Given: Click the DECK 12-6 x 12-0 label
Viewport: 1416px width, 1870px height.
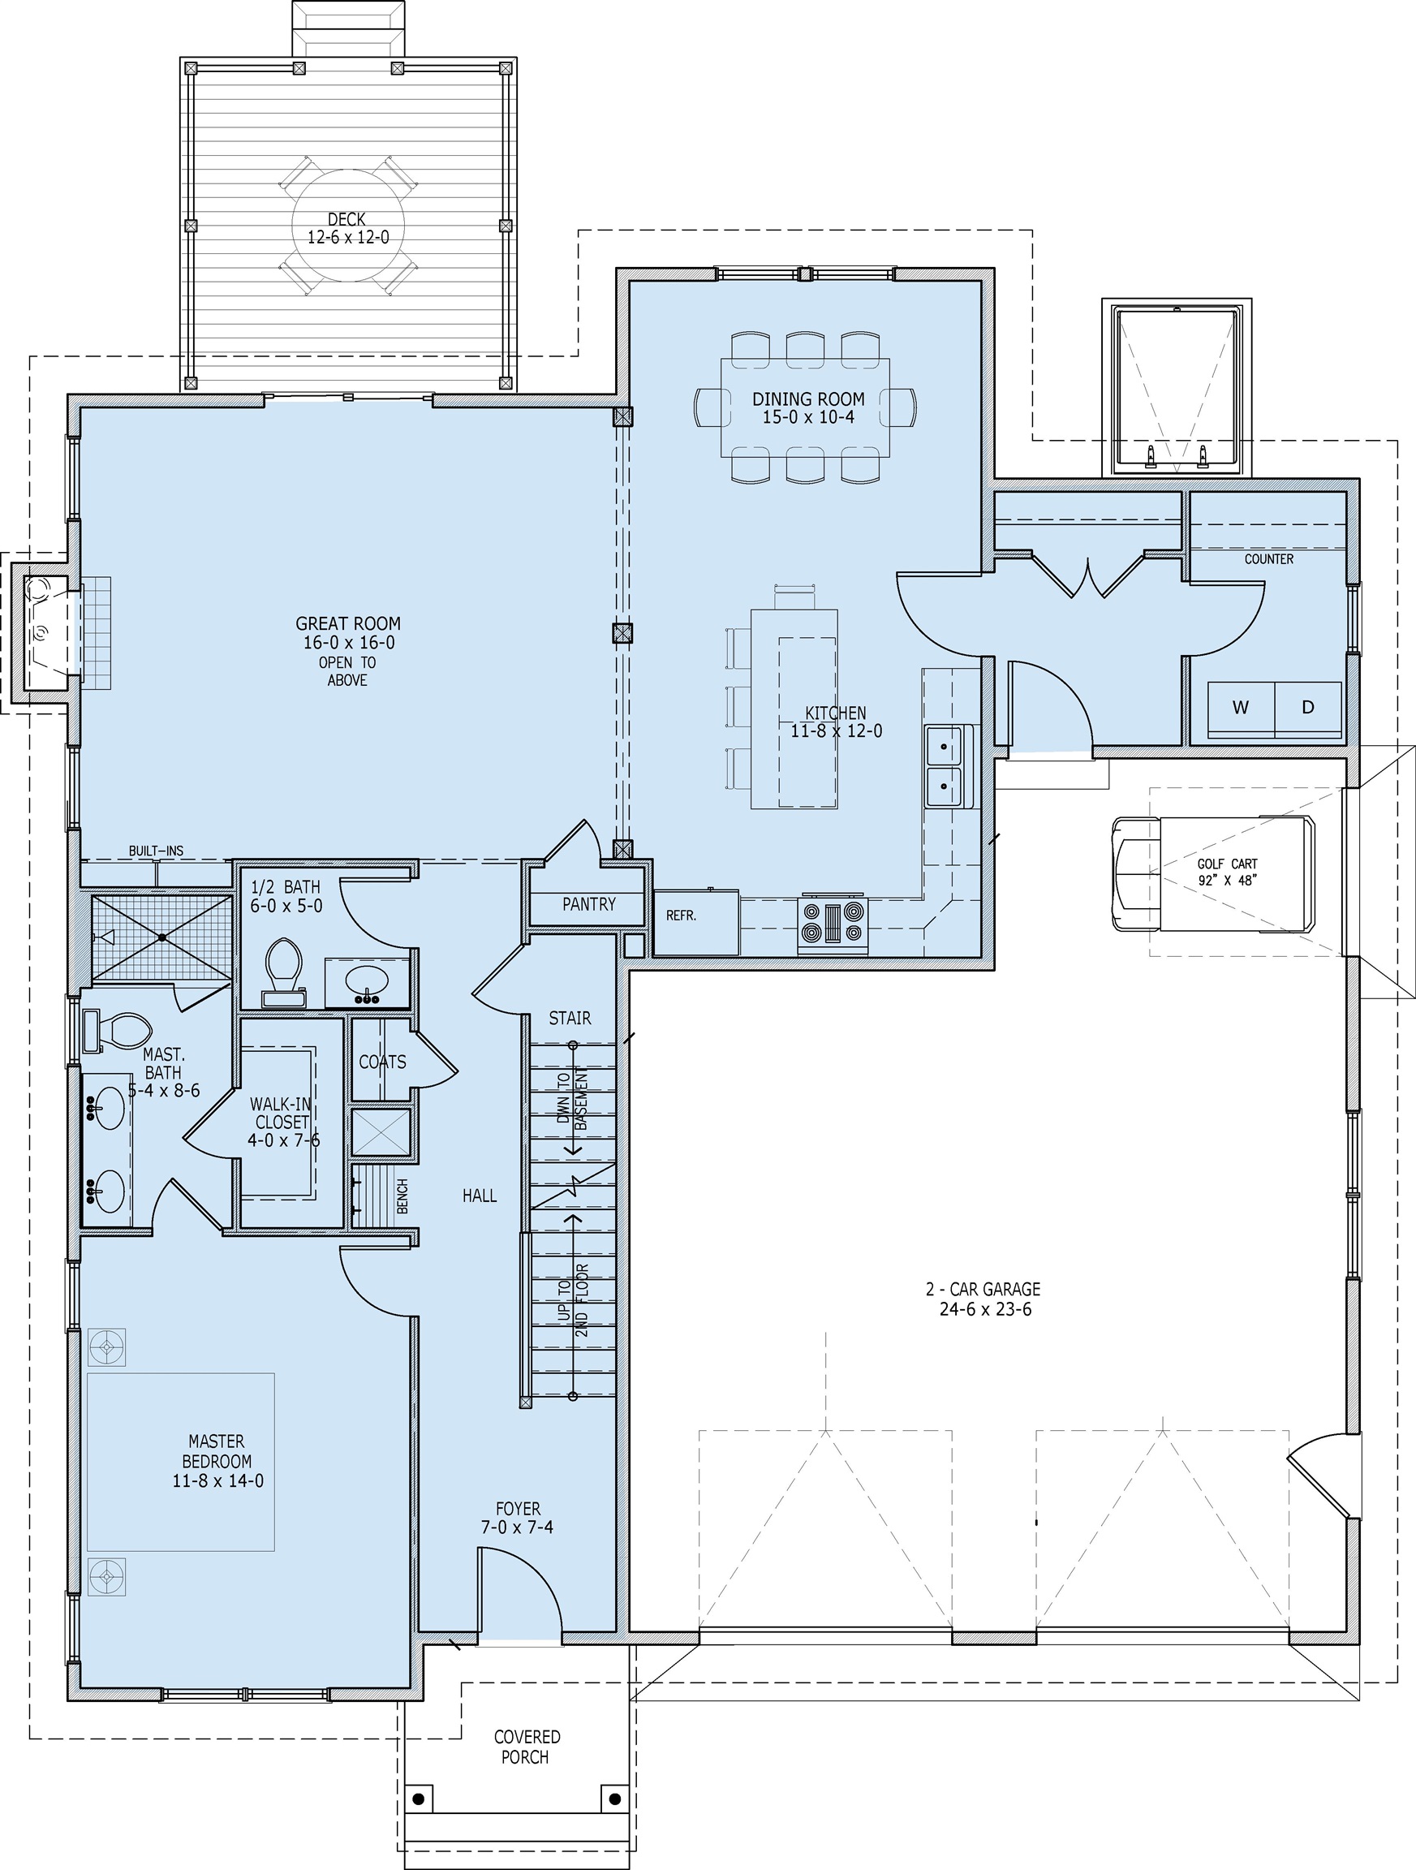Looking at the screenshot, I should [347, 228].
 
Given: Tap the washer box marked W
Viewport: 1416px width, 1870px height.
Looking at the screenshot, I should [1240, 708].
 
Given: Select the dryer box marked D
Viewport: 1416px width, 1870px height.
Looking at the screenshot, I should [1308, 708].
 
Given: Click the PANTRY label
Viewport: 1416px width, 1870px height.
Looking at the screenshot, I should [588, 903].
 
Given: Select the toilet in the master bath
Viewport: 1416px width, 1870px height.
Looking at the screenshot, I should [118, 1031].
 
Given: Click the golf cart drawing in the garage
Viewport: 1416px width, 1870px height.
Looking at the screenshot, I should [1213, 873].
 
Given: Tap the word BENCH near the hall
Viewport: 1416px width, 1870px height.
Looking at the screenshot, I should [402, 1196].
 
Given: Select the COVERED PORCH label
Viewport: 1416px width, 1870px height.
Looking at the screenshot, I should [526, 1747].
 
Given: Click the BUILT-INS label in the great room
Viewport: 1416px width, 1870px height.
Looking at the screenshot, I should [156, 851].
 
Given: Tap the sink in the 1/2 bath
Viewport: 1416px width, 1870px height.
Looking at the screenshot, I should [368, 982].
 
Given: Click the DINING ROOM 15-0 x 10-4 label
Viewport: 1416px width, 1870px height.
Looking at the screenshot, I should [808, 407].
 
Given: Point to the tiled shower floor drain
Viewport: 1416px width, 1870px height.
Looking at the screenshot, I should [161, 937].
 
